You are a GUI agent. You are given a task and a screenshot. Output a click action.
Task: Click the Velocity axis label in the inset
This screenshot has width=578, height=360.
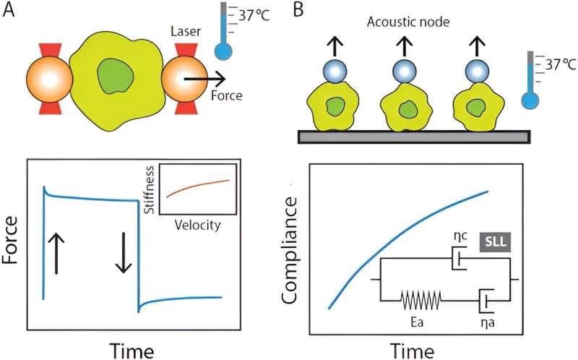click(198, 224)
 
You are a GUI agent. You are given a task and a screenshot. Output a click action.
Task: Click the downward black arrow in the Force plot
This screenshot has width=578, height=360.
click(123, 255)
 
